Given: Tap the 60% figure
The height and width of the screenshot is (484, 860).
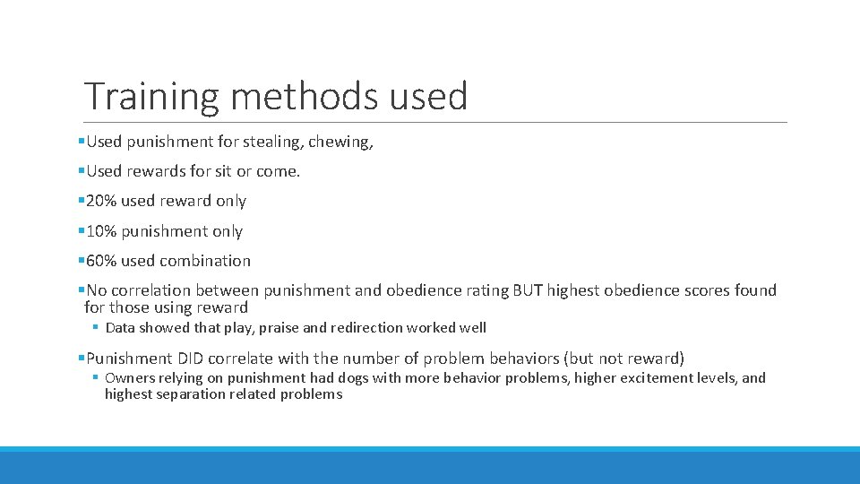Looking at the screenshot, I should tap(101, 261).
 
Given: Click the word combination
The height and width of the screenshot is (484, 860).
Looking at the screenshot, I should tap(207, 261).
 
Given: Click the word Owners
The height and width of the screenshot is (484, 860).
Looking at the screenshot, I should tap(129, 378).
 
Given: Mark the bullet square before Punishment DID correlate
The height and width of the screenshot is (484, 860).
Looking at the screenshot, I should tap(82, 359).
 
